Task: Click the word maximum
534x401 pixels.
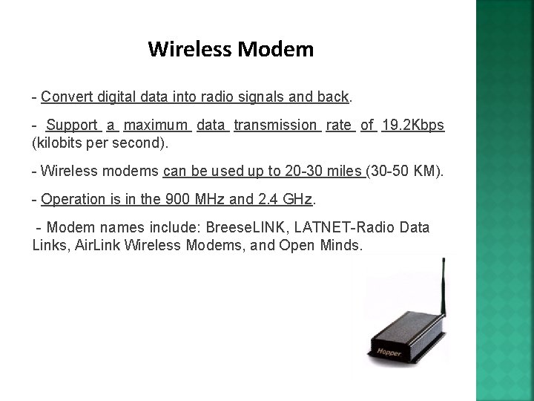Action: coord(158,125)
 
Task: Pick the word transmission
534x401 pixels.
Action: coord(275,125)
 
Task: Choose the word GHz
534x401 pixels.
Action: coord(298,200)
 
